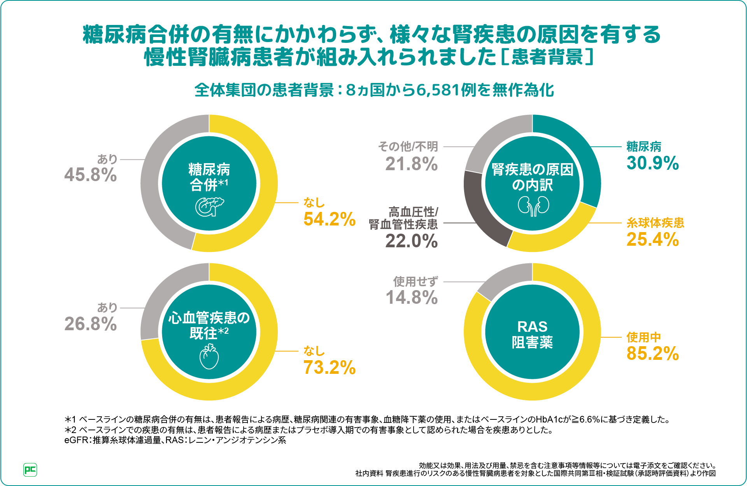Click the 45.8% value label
90,175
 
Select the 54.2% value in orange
329,219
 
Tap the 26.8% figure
90,324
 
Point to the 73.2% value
329,368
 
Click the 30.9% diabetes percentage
652,163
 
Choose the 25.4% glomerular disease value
652,239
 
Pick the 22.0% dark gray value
411,241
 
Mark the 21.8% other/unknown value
411,164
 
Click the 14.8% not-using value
411,298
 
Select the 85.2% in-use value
652,354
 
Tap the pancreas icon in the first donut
209,206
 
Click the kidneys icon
533,206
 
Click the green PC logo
30,470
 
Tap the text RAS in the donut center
532,326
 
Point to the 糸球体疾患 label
655,223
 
